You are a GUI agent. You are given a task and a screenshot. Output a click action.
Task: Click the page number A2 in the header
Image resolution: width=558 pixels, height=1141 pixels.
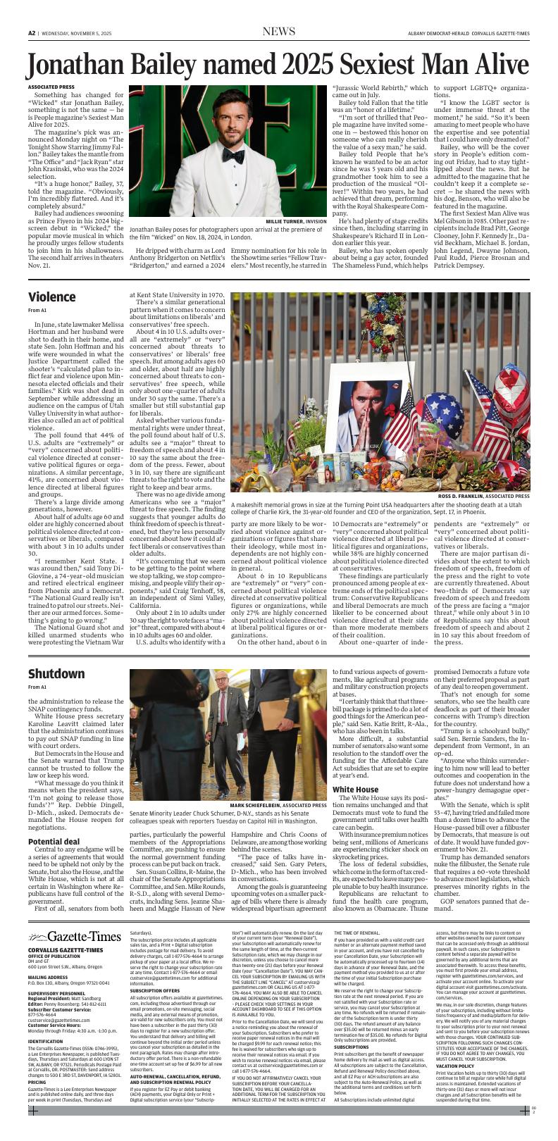(x=32, y=32)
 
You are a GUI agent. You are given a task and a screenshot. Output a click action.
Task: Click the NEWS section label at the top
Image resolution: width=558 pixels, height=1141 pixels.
(x=278, y=32)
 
